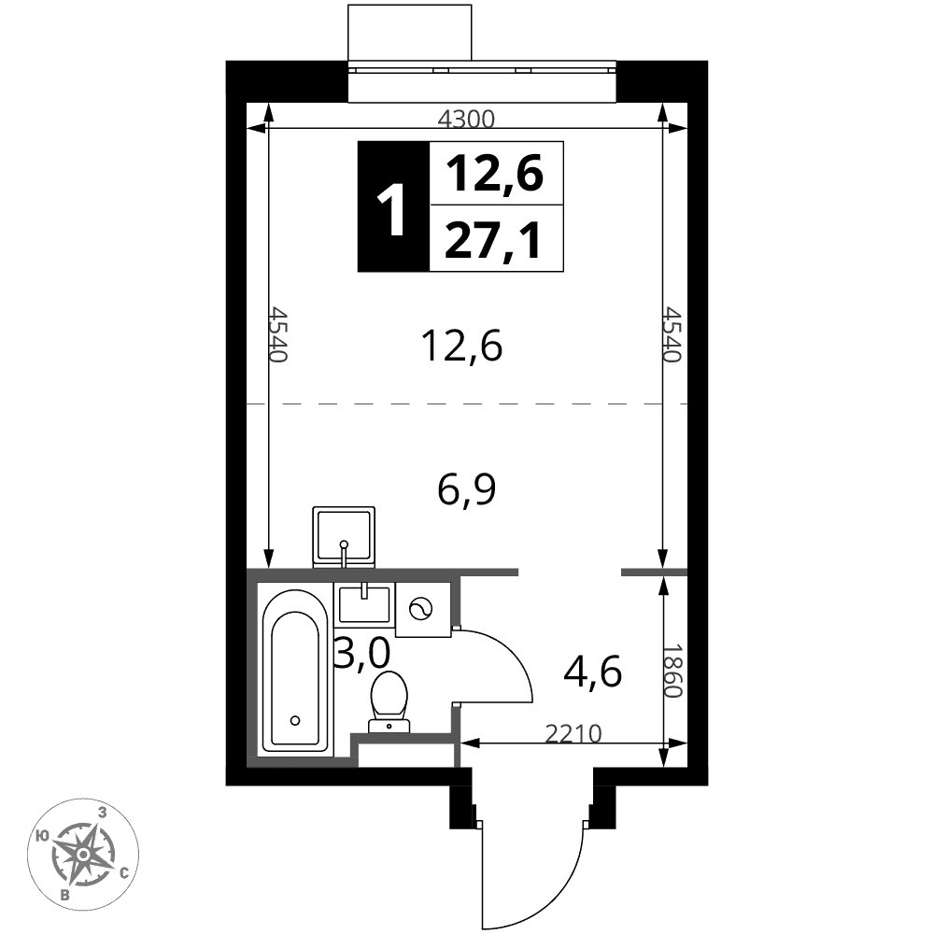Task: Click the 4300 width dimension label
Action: (466, 120)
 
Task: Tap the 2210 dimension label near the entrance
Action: (573, 734)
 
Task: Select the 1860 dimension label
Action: (672, 672)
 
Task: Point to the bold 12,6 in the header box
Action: (494, 173)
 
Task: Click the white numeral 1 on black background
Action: (392, 208)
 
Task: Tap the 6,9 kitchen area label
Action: (466, 489)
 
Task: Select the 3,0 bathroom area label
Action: (361, 652)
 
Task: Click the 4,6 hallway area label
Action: (593, 672)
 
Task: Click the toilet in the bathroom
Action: (389, 701)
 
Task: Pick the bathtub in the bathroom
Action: (295, 671)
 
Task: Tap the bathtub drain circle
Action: (295, 721)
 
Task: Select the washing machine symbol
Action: (423, 609)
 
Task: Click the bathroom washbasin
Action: (364, 603)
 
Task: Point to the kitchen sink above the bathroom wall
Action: (344, 537)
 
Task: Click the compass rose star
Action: (84, 855)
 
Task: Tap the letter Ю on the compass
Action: (42, 836)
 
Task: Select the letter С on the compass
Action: (124, 873)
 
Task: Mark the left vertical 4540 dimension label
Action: (278, 333)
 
